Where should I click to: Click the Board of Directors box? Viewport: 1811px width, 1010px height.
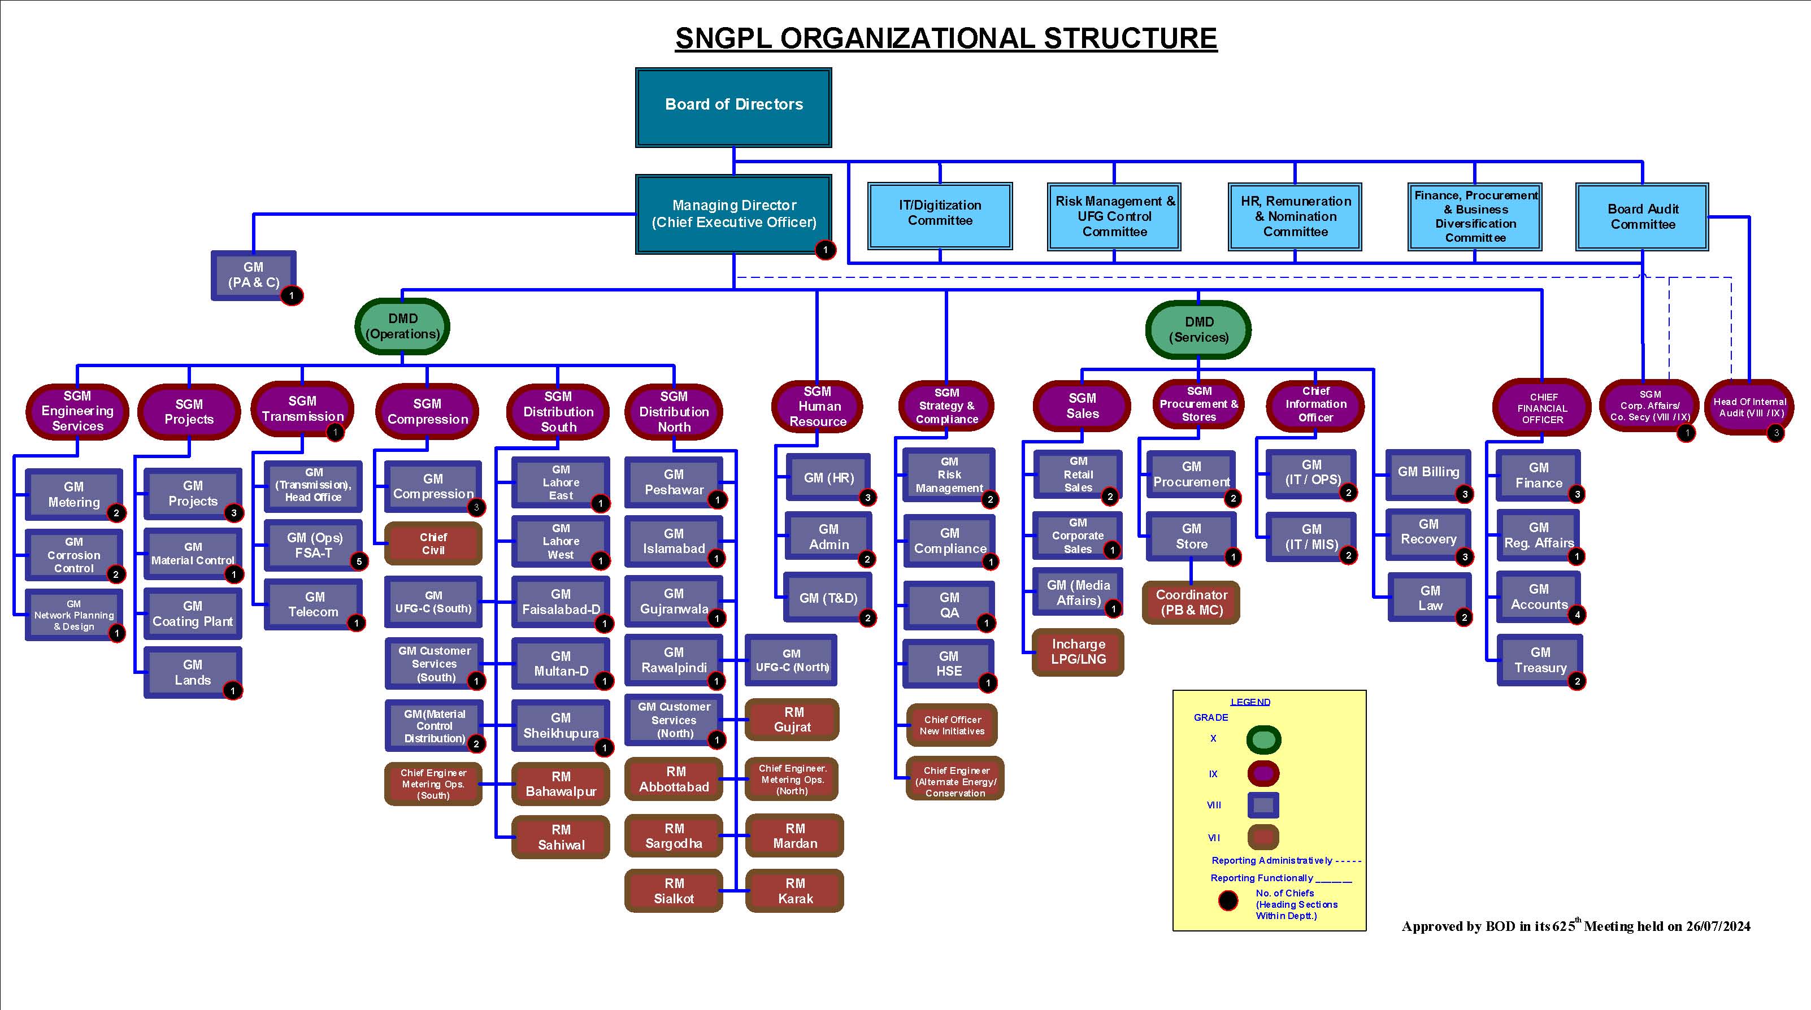[733, 107]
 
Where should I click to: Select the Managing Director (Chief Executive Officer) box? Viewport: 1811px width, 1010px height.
[733, 214]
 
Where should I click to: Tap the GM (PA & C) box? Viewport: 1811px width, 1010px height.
[254, 275]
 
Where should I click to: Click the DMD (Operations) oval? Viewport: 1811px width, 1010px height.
[402, 326]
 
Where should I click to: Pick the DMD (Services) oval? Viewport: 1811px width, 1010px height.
[1198, 329]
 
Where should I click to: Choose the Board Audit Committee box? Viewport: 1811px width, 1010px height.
[1642, 216]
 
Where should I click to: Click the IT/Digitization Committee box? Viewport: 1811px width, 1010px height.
[940, 216]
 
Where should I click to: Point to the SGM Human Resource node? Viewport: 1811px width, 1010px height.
[818, 406]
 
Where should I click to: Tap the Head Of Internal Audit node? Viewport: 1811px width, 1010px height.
[1749, 407]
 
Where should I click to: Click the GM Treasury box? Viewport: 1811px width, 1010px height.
[1540, 660]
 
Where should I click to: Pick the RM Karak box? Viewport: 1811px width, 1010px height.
[794, 890]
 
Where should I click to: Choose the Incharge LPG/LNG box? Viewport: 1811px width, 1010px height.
[1078, 651]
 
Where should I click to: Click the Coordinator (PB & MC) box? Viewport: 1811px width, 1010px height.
[1191, 602]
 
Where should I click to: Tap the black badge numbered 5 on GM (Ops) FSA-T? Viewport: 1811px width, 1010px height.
[359, 561]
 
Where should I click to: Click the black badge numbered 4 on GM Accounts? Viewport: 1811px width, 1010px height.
[1578, 614]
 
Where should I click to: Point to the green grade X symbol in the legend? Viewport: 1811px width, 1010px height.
[1263, 739]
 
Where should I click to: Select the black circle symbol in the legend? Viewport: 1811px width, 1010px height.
[1228, 900]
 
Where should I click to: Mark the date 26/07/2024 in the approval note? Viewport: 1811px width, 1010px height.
[1718, 926]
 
